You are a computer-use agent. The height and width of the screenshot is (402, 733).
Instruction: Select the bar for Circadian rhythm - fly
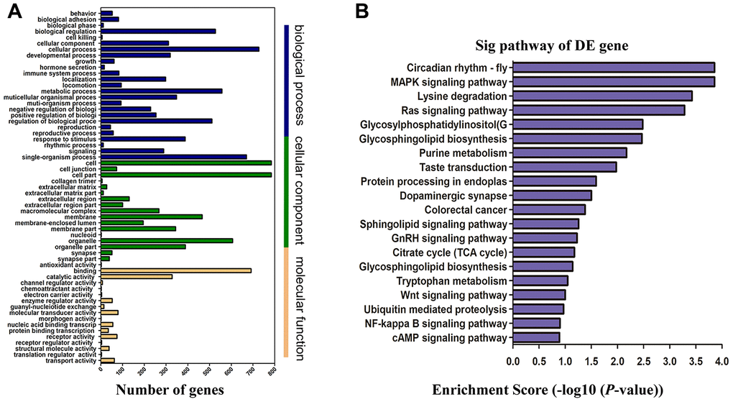click(x=613, y=68)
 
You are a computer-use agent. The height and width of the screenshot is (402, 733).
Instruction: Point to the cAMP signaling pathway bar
click(x=536, y=337)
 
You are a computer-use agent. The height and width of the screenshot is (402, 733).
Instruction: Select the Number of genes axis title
click(x=170, y=389)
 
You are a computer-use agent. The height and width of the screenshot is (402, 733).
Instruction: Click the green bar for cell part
click(x=186, y=175)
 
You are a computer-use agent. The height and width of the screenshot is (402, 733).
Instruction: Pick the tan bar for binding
click(x=176, y=270)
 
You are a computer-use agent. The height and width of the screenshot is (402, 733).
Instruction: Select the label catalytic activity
click(x=70, y=276)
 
